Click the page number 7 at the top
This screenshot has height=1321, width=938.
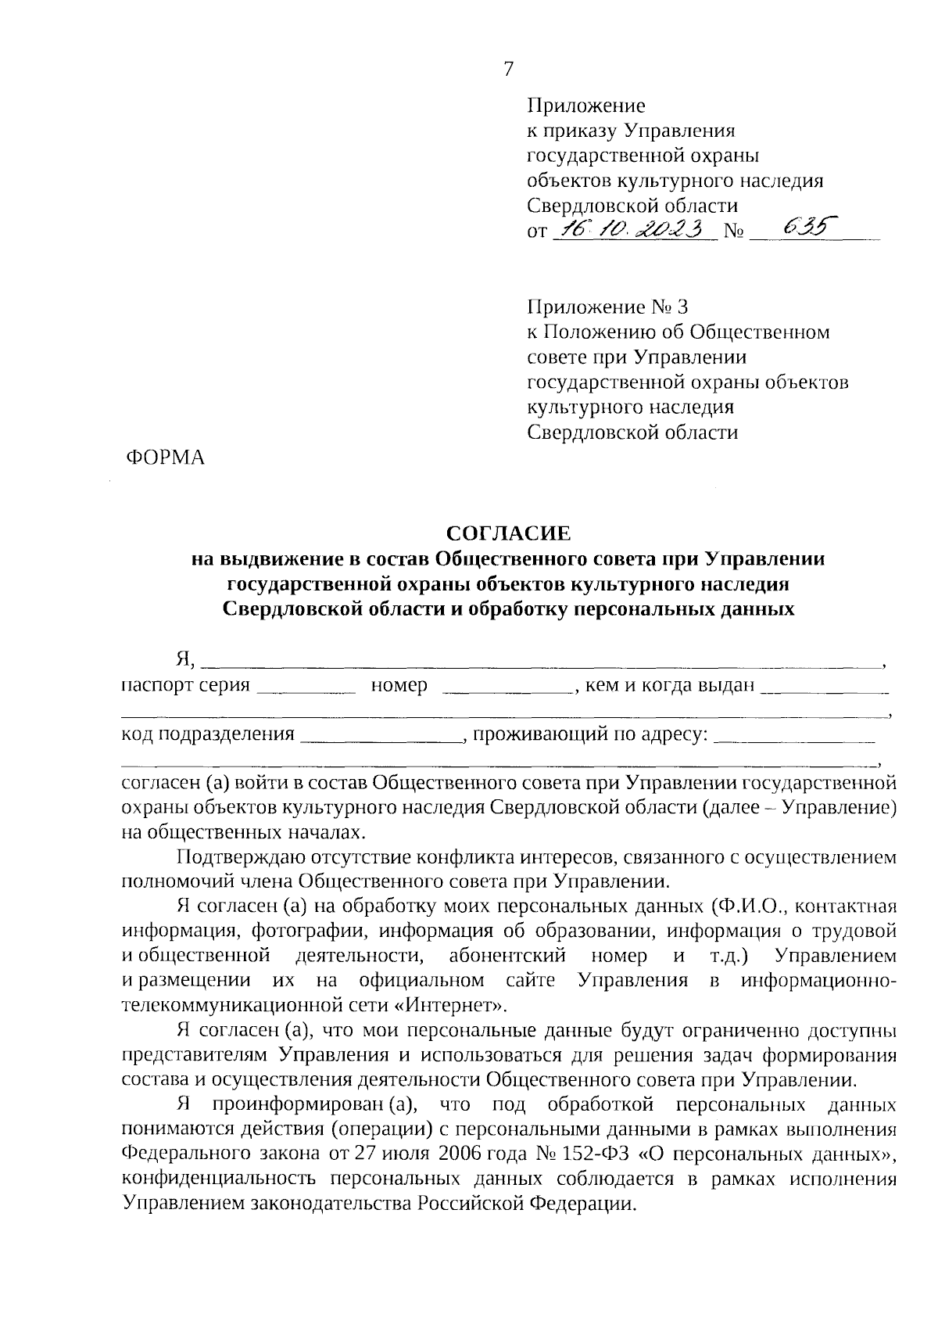click(x=509, y=70)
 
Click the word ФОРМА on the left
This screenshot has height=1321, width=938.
click(x=165, y=458)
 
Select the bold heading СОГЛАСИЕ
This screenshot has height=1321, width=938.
click(x=508, y=533)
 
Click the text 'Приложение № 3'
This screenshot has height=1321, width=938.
click(x=608, y=307)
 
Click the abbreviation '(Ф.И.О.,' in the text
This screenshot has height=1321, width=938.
click(x=753, y=906)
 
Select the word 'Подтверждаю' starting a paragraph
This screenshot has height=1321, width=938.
click(x=238, y=858)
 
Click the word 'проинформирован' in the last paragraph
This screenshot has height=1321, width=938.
click(x=296, y=1105)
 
